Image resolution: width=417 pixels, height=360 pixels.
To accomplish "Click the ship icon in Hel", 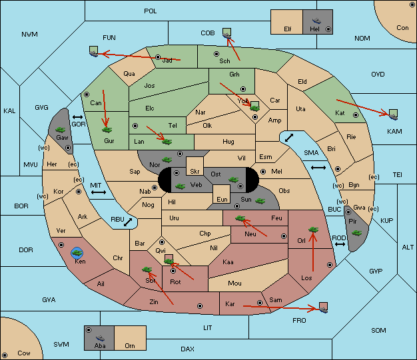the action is (x=316, y=21).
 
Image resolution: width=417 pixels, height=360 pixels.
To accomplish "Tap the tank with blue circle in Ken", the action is (x=77, y=253).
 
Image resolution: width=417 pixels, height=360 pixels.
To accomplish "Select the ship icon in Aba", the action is (x=100, y=338).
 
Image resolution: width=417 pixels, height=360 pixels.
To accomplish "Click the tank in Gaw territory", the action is (x=61, y=130).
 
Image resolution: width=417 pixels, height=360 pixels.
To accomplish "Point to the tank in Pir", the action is (x=356, y=233).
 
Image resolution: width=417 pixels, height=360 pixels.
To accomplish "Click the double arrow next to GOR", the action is (x=78, y=117).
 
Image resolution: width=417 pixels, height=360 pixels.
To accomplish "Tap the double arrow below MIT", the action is (x=99, y=192).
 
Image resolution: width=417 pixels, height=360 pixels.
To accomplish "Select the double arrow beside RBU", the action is (x=128, y=222).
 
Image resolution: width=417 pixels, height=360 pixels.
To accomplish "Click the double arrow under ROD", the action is (x=340, y=244).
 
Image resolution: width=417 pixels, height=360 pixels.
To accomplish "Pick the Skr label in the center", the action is (x=195, y=172).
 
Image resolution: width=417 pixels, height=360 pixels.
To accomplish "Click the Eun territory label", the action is (x=222, y=199).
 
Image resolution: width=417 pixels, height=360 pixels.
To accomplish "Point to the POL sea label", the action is (x=151, y=11).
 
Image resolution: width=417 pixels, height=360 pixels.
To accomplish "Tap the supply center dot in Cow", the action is (x=5, y=355).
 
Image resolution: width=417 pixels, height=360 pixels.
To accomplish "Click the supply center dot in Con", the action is (x=412, y=4).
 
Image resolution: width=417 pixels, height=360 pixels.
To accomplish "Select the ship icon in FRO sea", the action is (x=323, y=309).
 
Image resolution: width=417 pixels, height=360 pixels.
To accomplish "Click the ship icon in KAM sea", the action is (x=393, y=116).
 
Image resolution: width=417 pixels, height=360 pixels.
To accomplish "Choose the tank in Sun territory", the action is (x=260, y=201).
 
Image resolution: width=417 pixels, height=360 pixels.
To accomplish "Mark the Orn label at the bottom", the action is (x=130, y=345).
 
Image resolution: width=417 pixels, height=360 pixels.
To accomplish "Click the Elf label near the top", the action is (x=288, y=29).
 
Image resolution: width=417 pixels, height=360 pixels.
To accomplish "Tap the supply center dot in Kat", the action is (x=356, y=115).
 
